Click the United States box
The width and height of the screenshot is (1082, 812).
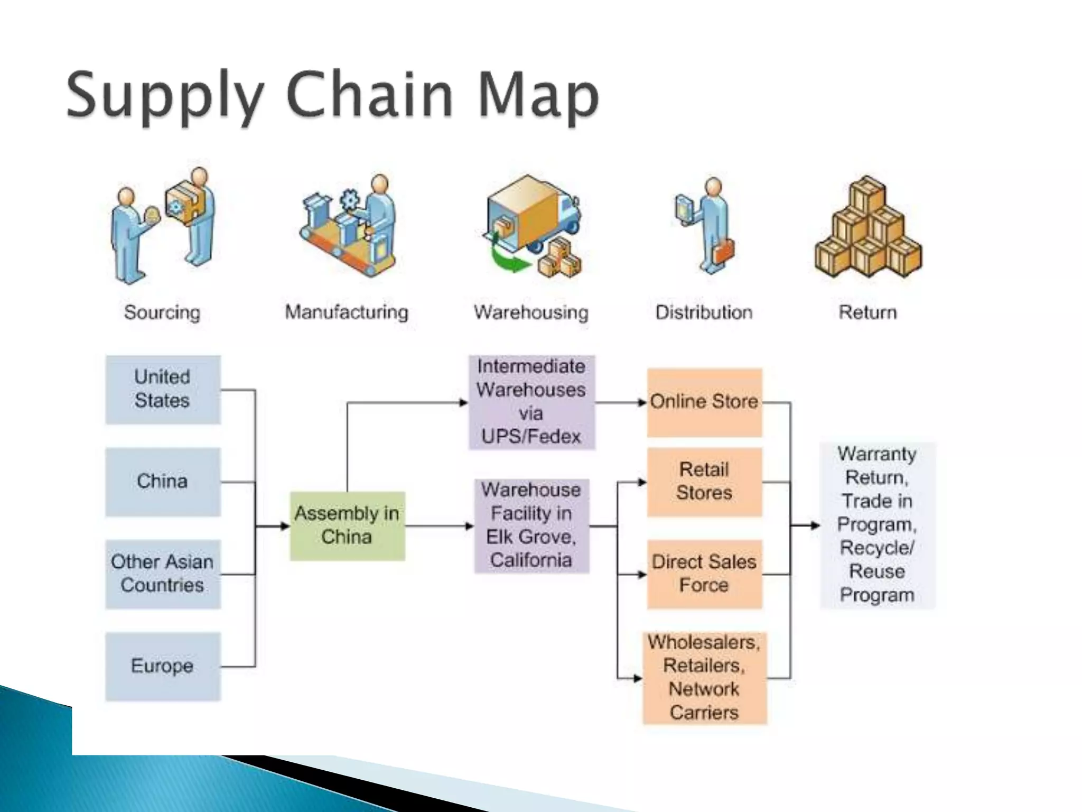click(163, 390)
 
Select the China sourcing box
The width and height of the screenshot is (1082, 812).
click(163, 482)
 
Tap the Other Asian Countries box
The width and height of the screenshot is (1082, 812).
click(163, 574)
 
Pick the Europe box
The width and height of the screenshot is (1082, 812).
click(163, 666)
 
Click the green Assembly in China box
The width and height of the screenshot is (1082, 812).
click(347, 525)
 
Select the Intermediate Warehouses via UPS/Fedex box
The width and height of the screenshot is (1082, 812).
click(531, 402)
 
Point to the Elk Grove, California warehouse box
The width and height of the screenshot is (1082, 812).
click(531, 525)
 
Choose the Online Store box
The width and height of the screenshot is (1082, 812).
click(704, 402)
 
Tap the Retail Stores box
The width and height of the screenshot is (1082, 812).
click(704, 482)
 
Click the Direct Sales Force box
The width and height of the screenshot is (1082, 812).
click(704, 574)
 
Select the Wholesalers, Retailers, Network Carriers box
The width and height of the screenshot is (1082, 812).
click(704, 678)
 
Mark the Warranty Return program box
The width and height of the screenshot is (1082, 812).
click(877, 525)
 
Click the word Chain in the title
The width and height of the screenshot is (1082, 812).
click(370, 95)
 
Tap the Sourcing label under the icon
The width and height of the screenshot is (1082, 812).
click(162, 312)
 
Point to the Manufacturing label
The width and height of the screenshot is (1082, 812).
click(347, 312)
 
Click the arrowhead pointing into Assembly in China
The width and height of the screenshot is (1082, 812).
click(285, 526)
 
